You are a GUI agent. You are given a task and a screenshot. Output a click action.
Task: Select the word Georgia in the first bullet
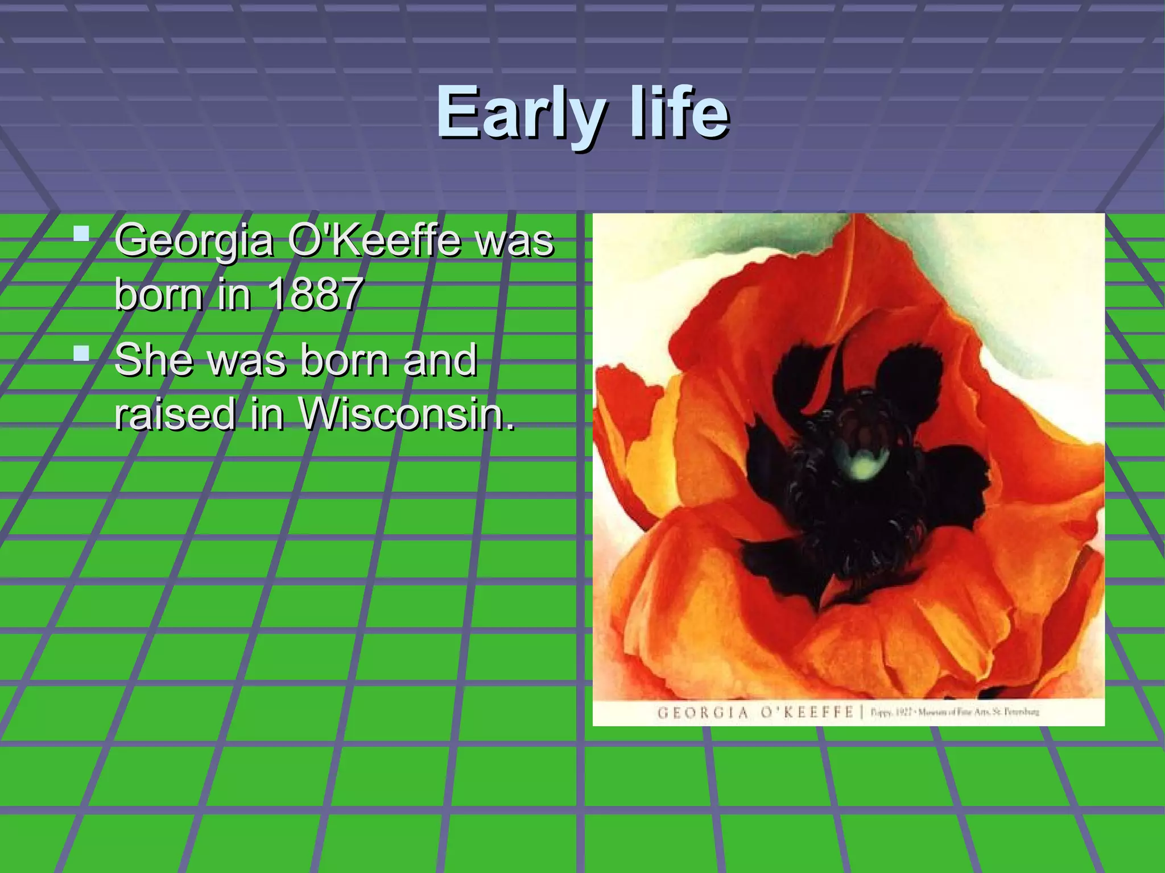(194, 241)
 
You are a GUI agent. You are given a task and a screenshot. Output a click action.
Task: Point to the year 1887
(315, 294)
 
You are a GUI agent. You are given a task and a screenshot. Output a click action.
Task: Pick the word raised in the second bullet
(175, 413)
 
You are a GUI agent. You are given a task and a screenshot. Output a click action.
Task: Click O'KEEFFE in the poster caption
(808, 712)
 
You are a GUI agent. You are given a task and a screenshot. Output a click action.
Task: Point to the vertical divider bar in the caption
(863, 712)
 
